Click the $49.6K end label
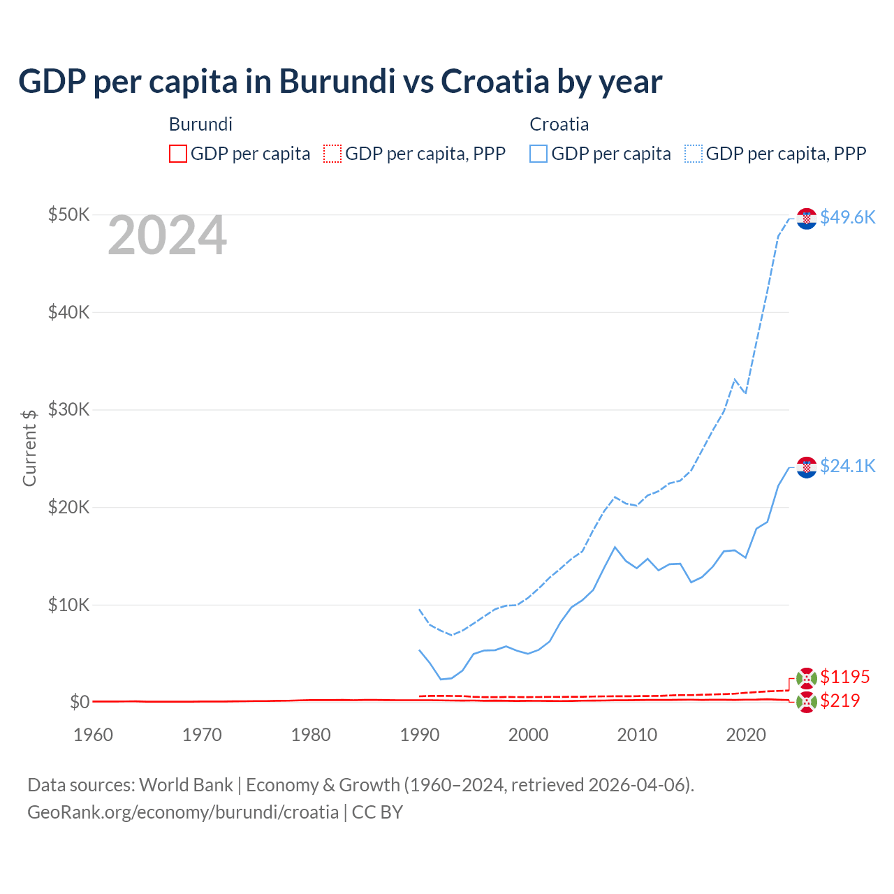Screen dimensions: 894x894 pos(847,217)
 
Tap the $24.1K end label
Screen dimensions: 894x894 pos(847,466)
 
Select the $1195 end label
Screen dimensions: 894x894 pos(844,677)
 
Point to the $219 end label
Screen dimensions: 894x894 pos(840,701)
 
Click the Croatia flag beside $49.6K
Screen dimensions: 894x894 pos(807,219)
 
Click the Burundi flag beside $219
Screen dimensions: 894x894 pos(807,702)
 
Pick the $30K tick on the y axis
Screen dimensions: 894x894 pos(68,409)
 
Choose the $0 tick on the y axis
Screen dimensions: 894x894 pos(79,702)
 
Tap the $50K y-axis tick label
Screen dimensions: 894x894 pos(68,214)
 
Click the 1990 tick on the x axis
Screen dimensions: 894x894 pos(420,735)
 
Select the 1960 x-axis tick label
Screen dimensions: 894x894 pos(93,735)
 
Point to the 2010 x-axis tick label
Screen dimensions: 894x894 pos(637,735)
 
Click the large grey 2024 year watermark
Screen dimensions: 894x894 pos(167,236)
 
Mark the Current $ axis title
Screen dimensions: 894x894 pos(29,448)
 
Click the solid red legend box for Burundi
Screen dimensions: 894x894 pos(178,154)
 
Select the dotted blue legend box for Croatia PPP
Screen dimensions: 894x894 pos(694,154)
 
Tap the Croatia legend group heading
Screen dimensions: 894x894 pos(559,124)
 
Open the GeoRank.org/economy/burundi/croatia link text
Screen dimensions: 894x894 pos(183,812)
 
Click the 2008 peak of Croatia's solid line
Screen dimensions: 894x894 pos(615,547)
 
